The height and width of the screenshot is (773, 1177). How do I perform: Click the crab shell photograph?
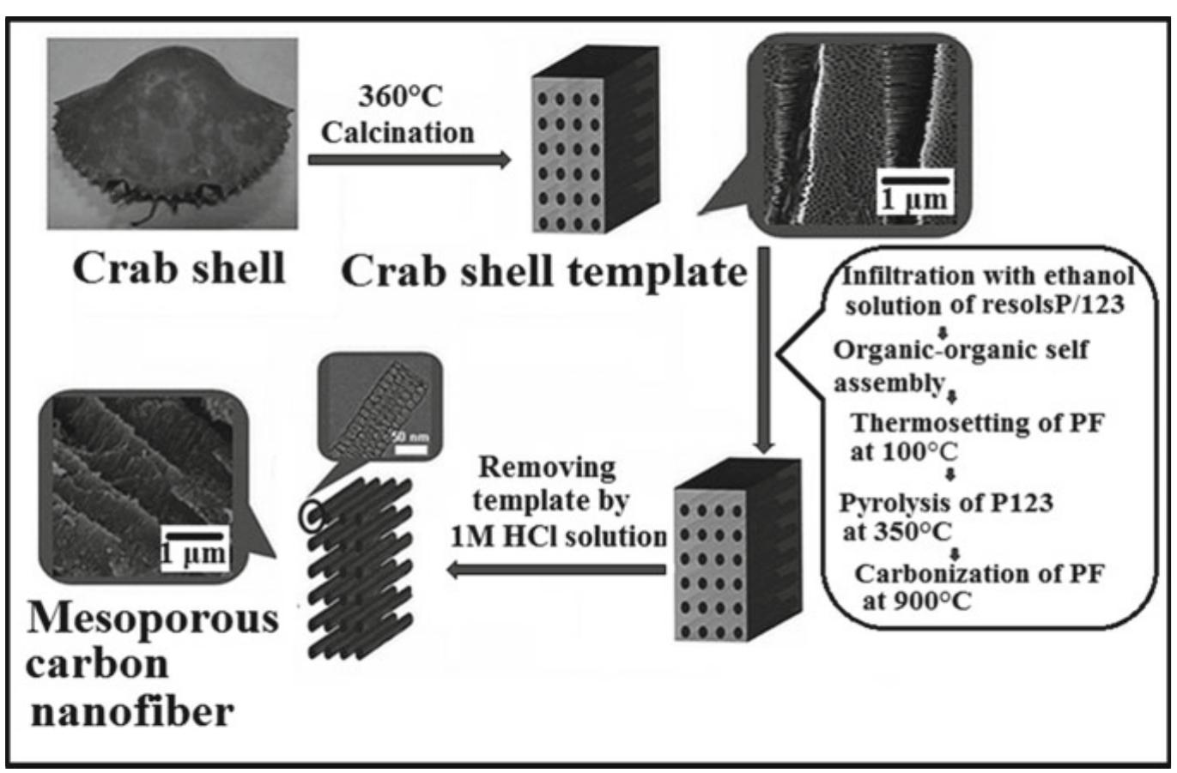pyautogui.click(x=172, y=133)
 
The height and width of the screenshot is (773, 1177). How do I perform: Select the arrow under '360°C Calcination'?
pyautogui.click(x=409, y=160)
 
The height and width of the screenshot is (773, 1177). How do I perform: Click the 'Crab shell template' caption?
pyautogui.click(x=543, y=272)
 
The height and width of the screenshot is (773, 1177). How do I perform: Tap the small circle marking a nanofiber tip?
pyautogui.click(x=310, y=513)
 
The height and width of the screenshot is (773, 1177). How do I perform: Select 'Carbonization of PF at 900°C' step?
pyautogui.click(x=979, y=586)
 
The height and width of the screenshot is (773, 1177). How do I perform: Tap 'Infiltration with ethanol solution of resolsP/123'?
pyautogui.click(x=987, y=290)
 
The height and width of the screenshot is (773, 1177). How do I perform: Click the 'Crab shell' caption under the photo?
pyautogui.click(x=179, y=269)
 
